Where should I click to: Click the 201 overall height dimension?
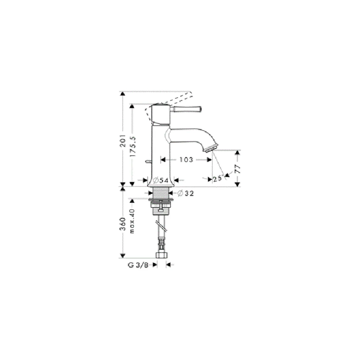pos(123,140)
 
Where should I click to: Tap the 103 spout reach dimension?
pos(186,159)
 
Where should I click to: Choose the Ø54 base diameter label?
pos(161,180)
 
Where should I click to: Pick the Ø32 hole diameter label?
pos(186,193)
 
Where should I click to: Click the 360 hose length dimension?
pos(123,224)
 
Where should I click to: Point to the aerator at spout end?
pos(211,148)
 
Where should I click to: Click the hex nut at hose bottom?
pos(162,255)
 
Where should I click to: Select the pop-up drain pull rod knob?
pos(147,162)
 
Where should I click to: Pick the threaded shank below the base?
pos(161,193)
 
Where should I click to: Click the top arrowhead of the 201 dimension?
pos(123,94)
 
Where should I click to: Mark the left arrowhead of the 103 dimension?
pos(163,159)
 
